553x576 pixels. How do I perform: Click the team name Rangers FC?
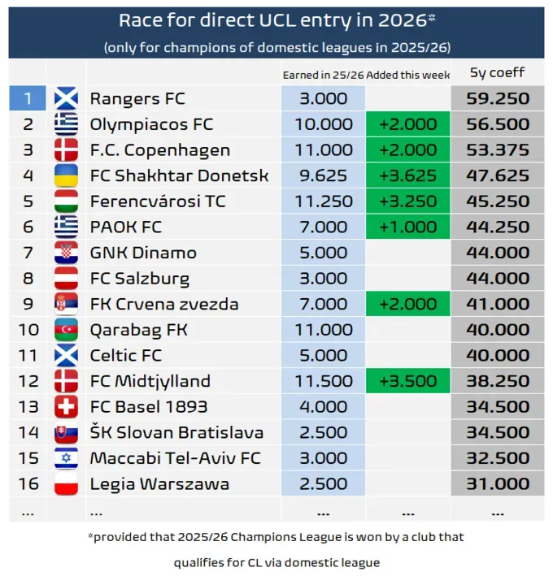[x=137, y=99]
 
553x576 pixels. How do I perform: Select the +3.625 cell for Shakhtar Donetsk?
[x=407, y=176]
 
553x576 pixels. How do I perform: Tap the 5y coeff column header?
[x=497, y=73]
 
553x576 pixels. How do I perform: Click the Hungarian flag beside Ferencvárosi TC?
[x=66, y=201]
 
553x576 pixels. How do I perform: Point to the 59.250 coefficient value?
[x=497, y=99]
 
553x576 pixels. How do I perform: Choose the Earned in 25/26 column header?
[x=323, y=75]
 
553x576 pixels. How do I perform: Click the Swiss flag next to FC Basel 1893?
[x=66, y=407]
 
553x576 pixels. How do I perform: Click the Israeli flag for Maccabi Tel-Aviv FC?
[x=66, y=458]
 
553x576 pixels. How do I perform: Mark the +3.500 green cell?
[x=407, y=381]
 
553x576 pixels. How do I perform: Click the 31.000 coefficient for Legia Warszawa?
[x=497, y=484]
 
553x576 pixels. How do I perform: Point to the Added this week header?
[x=407, y=75]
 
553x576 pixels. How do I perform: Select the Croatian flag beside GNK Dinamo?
[x=66, y=253]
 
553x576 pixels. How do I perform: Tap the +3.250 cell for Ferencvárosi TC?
[x=407, y=201]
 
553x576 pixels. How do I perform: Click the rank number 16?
[x=28, y=484]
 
